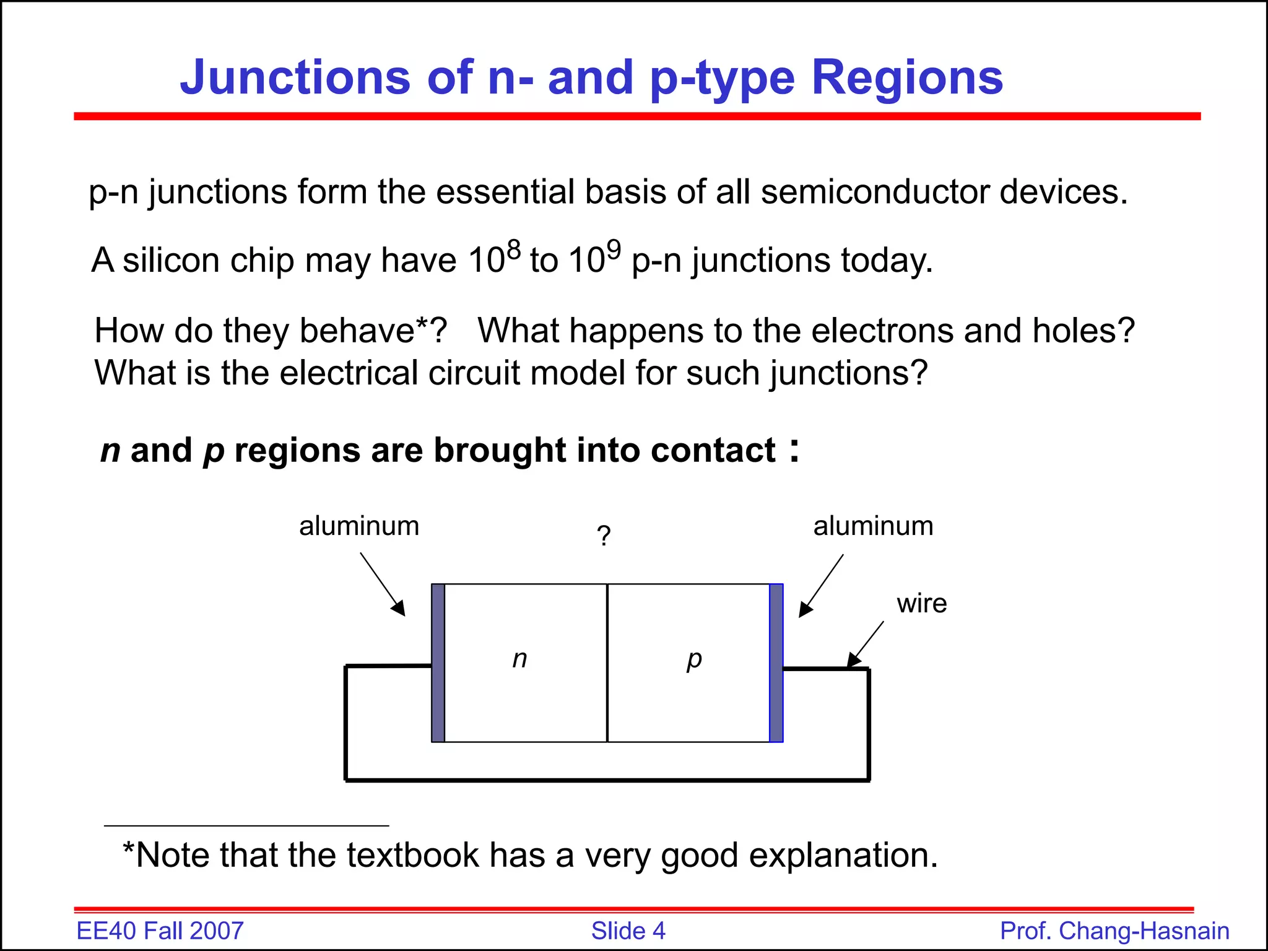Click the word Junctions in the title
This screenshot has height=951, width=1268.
point(295,77)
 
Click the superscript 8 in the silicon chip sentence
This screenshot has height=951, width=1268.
point(514,250)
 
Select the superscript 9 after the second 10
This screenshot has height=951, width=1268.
point(613,250)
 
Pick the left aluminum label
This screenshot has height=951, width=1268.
point(359,526)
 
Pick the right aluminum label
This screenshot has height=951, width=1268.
point(873,526)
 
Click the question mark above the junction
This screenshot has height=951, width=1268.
point(604,536)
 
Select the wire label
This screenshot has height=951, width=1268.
point(922,604)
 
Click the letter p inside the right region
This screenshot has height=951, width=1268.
point(694,660)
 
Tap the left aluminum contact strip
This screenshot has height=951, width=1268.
point(438,662)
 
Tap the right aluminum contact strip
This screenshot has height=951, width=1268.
point(776,662)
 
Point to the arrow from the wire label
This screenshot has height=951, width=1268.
point(866,644)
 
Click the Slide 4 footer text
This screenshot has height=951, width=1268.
point(628,931)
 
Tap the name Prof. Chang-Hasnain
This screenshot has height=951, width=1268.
point(1114,931)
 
